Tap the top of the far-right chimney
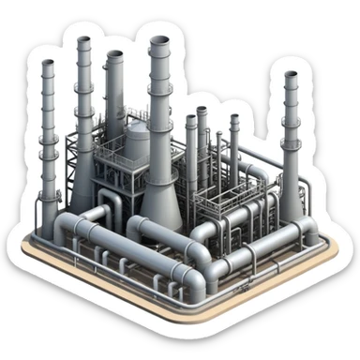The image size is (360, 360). (291, 76)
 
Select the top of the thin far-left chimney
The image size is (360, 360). (47, 64)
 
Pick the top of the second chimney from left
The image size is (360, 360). (83, 43)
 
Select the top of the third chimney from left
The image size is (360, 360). (114, 56)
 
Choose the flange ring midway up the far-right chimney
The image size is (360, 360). (292, 141)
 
